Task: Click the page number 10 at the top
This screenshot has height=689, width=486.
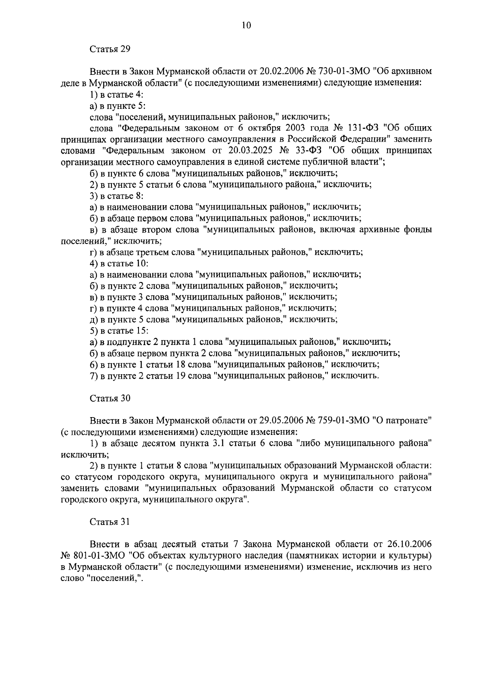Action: coord(246,25)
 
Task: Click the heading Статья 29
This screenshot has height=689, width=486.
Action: coord(109,49)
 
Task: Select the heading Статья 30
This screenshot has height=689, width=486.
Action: coord(110,398)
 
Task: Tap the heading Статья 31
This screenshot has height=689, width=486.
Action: coord(109,522)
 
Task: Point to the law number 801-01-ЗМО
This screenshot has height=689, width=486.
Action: coord(98,555)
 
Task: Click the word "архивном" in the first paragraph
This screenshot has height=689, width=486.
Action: coord(409,72)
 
